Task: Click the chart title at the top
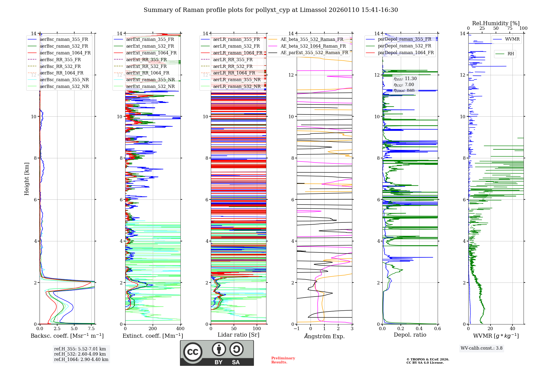pyautogui.click(x=271, y=10)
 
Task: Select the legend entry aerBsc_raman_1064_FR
pyautogui.click(x=65, y=53)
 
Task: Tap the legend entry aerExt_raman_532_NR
pyautogui.click(x=150, y=86)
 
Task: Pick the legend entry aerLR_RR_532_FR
pyautogui.click(x=233, y=66)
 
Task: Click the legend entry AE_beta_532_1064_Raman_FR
pyautogui.click(x=313, y=46)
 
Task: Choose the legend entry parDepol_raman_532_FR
pyautogui.click(x=404, y=46)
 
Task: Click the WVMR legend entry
pyautogui.click(x=512, y=39)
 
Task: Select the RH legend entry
pyautogui.click(x=511, y=54)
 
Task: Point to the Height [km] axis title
pyautogui.click(x=27, y=179)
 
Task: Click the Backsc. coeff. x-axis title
pyautogui.click(x=67, y=336)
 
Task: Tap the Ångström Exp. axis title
pyautogui.click(x=324, y=336)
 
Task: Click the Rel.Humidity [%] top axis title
pyautogui.click(x=496, y=23)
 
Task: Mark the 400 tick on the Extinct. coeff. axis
pyautogui.click(x=180, y=328)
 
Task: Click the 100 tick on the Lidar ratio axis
pyautogui.click(x=257, y=328)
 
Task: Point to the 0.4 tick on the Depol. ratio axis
pyautogui.click(x=419, y=328)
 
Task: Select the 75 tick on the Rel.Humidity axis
pyautogui.click(x=510, y=28)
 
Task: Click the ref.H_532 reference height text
pyautogui.click(x=80, y=354)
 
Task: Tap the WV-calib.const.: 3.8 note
pyautogui.click(x=482, y=348)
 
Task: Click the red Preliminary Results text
pyautogui.click(x=283, y=360)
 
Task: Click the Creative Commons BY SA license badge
pyautogui.click(x=217, y=353)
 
